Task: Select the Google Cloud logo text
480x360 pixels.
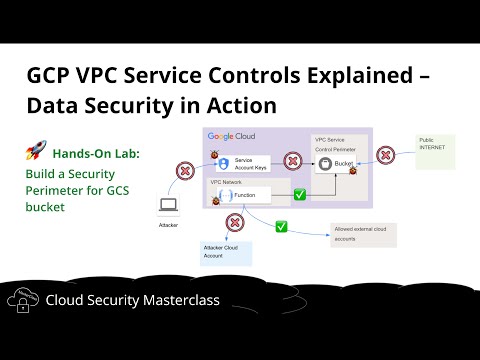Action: tap(233, 136)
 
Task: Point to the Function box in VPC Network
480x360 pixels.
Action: tap(249, 196)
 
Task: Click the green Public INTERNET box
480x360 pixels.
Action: tap(434, 151)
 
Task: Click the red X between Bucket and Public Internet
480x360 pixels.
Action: tap(385, 156)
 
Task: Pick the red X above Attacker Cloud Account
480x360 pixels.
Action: tap(235, 222)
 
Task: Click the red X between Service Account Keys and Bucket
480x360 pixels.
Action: tap(294, 159)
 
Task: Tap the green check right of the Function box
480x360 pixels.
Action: tap(299, 194)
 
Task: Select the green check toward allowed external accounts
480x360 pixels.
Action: tap(281, 227)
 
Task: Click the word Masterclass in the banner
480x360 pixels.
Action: tap(188, 299)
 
